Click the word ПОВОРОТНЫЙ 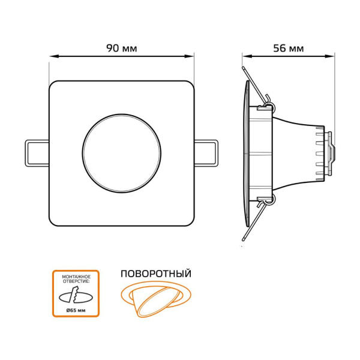tap(156, 274)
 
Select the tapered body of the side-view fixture tap(294, 153)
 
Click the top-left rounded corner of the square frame tap(54, 86)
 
